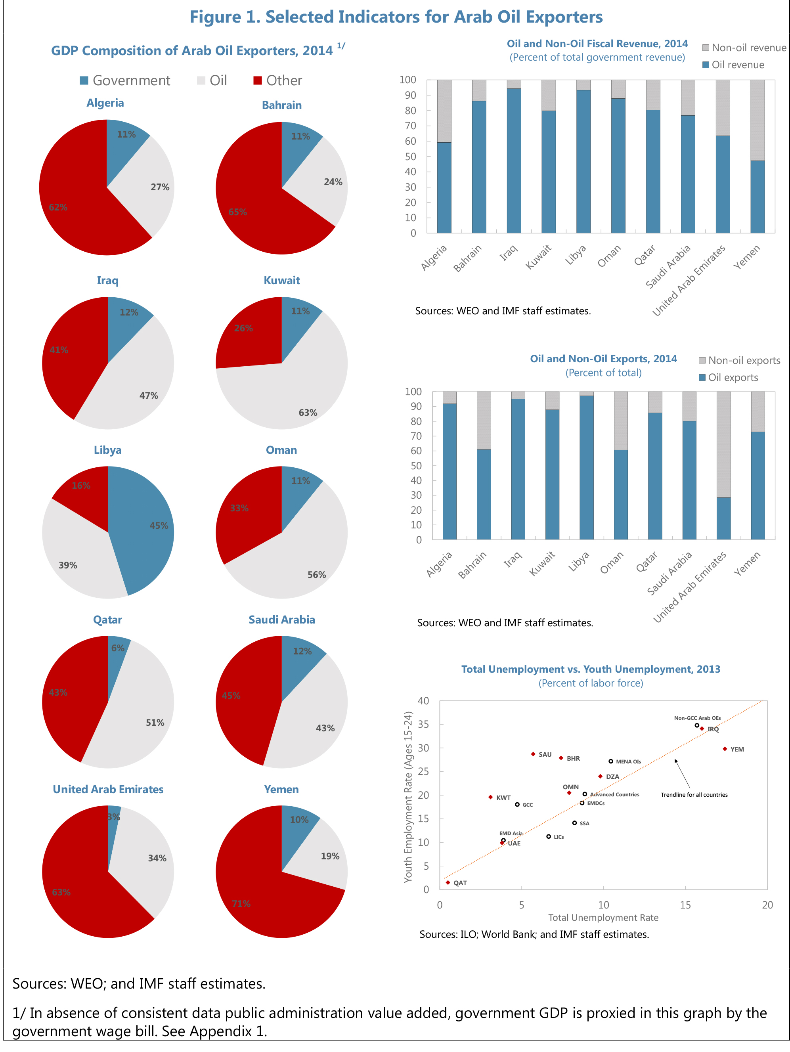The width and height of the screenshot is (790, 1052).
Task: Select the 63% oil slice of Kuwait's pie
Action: [290, 395]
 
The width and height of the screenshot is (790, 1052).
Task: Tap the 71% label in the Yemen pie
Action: [241, 904]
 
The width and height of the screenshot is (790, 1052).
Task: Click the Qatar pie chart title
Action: [107, 620]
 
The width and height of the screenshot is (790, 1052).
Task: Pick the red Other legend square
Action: [257, 80]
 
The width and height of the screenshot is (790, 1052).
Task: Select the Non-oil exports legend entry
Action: [743, 360]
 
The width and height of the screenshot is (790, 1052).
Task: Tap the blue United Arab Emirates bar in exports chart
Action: [723, 518]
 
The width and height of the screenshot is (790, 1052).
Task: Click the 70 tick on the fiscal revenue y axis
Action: [410, 126]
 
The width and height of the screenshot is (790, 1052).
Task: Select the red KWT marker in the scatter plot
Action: [490, 797]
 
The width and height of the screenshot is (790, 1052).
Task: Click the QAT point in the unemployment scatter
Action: [448, 883]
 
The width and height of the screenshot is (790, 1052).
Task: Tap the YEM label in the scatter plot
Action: [737, 750]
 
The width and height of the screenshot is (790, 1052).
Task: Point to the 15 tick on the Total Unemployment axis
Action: [685, 905]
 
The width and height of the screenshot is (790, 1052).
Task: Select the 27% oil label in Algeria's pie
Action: [160, 187]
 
